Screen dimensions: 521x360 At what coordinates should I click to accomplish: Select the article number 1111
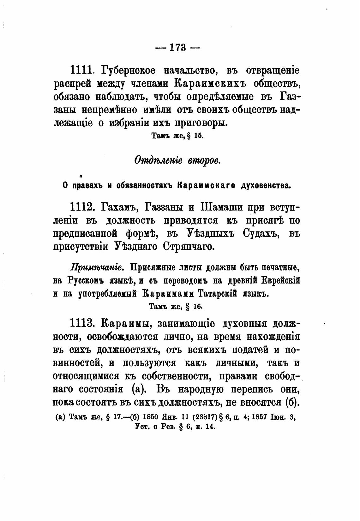point(81,70)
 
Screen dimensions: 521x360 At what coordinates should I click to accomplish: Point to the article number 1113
point(82,324)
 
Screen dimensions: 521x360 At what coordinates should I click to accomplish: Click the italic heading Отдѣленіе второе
point(177,160)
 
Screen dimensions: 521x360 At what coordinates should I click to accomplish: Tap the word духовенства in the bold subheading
point(266,186)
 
